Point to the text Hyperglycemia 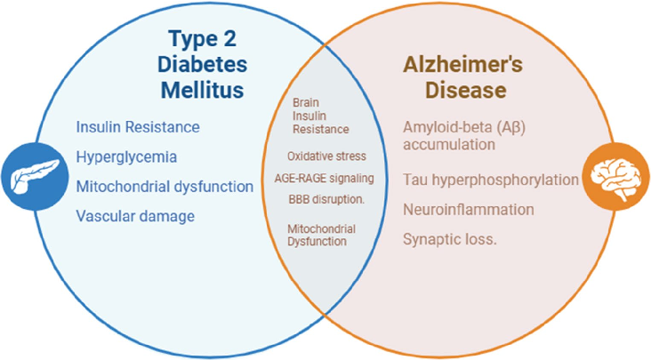coord(126,157)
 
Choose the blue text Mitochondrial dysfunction coord(165,187)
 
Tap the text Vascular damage coord(135,216)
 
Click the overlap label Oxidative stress coord(326,156)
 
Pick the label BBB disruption coord(325,199)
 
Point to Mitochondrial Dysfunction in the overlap coord(321,235)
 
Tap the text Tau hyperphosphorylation coord(491,180)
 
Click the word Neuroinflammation coord(468,210)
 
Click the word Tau coord(414,180)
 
